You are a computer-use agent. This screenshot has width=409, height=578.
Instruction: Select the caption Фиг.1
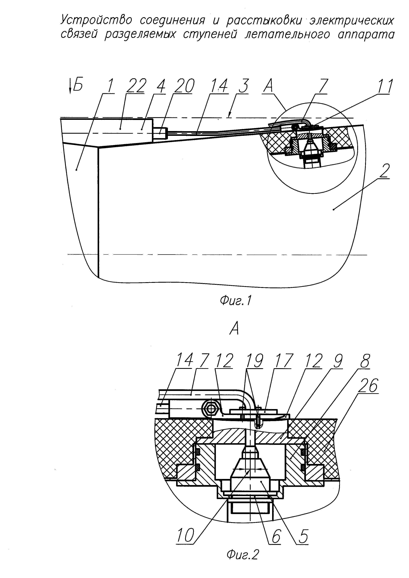coord(236,301)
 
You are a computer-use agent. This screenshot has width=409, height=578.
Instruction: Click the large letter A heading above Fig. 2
coord(234,329)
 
